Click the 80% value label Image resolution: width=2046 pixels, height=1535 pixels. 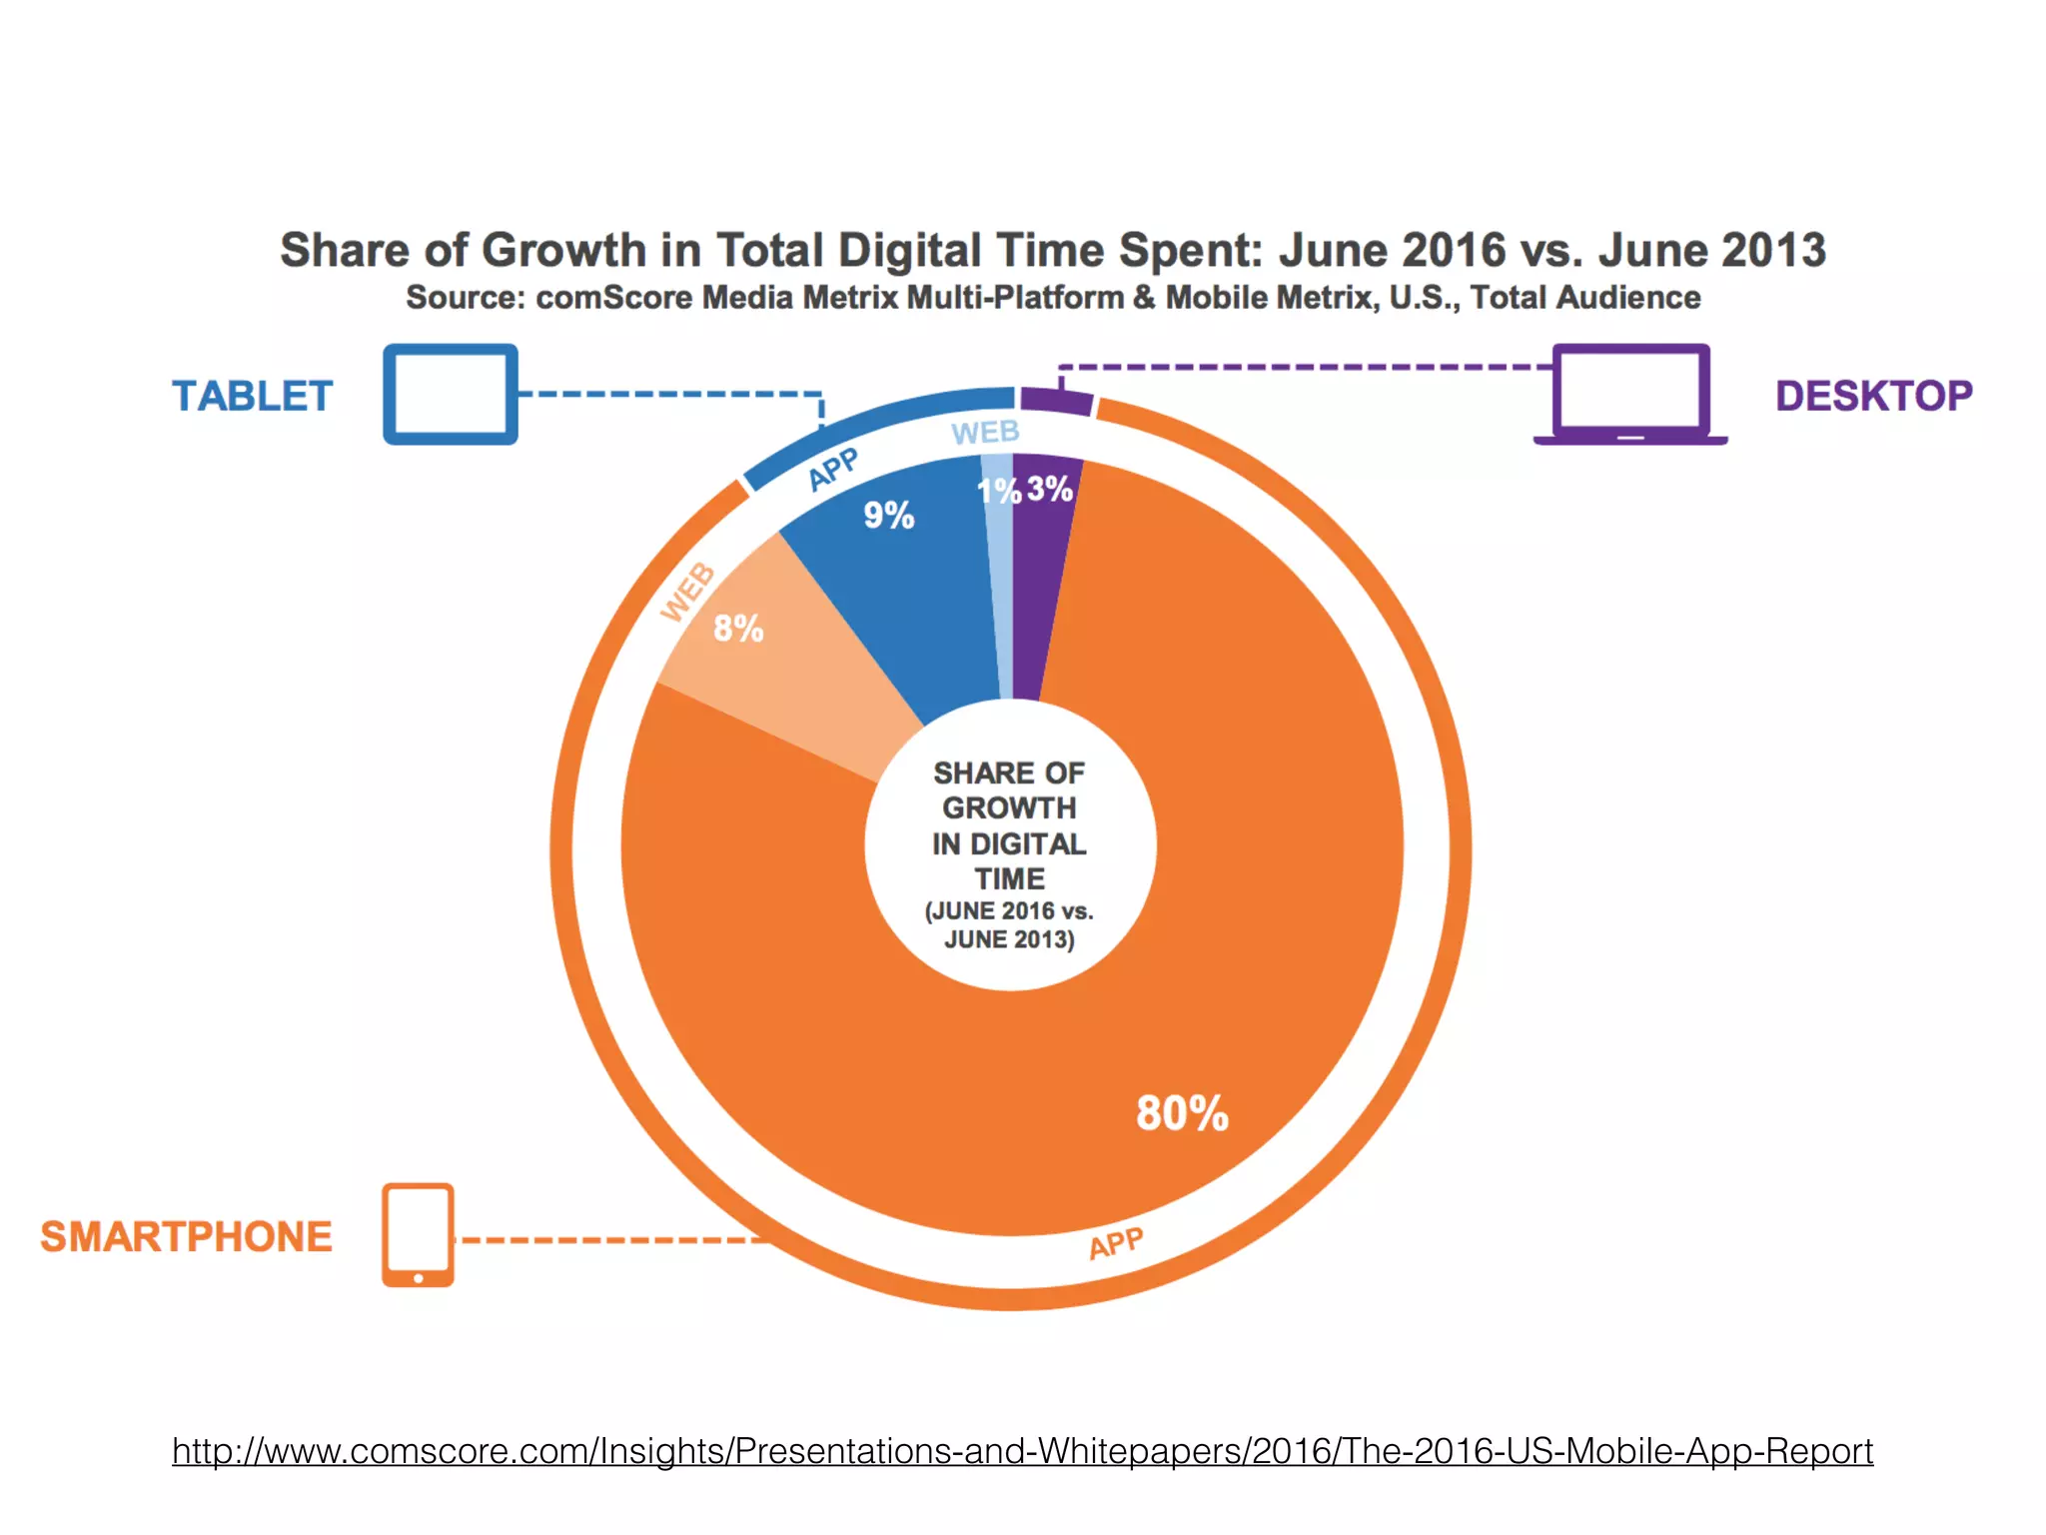(x=1182, y=1113)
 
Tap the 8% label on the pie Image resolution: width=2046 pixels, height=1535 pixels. (x=738, y=629)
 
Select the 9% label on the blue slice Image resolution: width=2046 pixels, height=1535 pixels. (x=888, y=516)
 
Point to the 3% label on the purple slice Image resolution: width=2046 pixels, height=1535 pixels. (x=1050, y=489)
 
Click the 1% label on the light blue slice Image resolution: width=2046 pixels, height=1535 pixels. (x=997, y=491)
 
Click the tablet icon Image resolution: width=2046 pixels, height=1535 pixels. (x=451, y=394)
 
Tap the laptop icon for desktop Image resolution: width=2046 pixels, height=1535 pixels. (x=1630, y=395)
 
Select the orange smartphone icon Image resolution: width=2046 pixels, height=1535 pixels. (x=418, y=1235)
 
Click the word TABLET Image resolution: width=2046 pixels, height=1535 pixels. (x=252, y=397)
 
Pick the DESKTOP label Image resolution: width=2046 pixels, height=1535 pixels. (x=1873, y=397)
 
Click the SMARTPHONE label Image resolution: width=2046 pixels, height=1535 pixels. (x=186, y=1237)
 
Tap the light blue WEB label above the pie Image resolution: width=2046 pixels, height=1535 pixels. (x=985, y=433)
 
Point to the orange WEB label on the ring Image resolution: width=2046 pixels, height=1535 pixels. (x=688, y=592)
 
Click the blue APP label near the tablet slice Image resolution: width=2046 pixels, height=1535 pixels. (x=832, y=468)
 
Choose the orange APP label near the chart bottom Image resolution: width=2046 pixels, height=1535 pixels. (x=1115, y=1244)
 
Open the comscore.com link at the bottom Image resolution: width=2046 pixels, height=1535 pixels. (x=1022, y=1450)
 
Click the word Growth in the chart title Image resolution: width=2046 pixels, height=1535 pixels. (x=563, y=250)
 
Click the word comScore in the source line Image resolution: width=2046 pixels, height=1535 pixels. (x=613, y=298)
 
